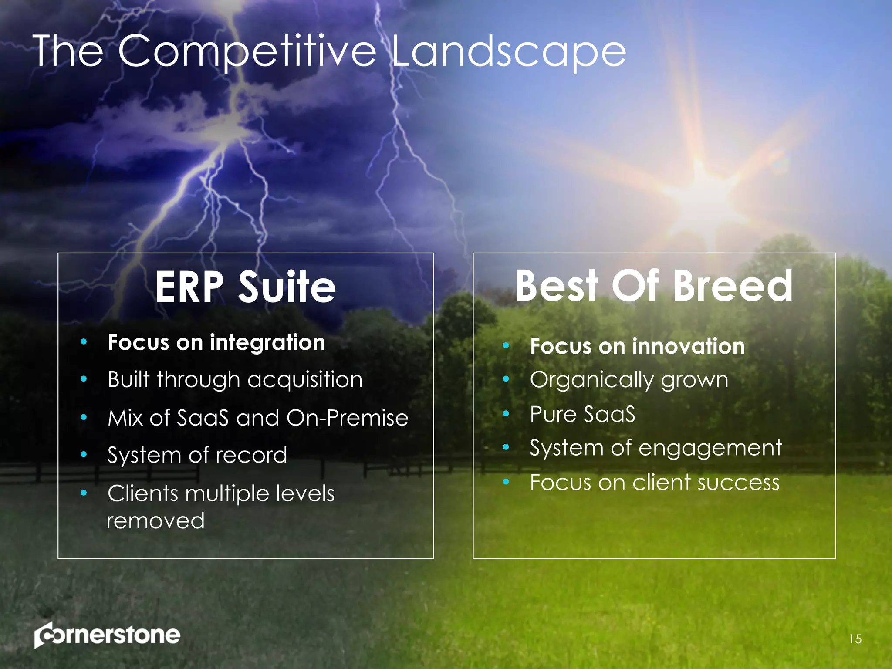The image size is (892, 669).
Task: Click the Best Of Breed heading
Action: pos(654,286)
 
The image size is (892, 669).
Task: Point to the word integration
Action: pos(267,343)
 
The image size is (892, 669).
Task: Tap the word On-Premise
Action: pos(348,418)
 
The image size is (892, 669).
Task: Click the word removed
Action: pos(155,521)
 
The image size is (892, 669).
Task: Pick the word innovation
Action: pos(688,347)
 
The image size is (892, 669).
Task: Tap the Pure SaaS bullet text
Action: pos(582,414)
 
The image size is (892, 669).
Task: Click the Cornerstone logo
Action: pos(107,635)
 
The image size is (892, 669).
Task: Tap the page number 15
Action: pos(855,639)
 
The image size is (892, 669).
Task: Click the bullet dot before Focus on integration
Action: pos(84,342)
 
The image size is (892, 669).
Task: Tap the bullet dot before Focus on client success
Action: pos(506,482)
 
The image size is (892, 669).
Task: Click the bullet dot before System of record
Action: pos(84,455)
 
